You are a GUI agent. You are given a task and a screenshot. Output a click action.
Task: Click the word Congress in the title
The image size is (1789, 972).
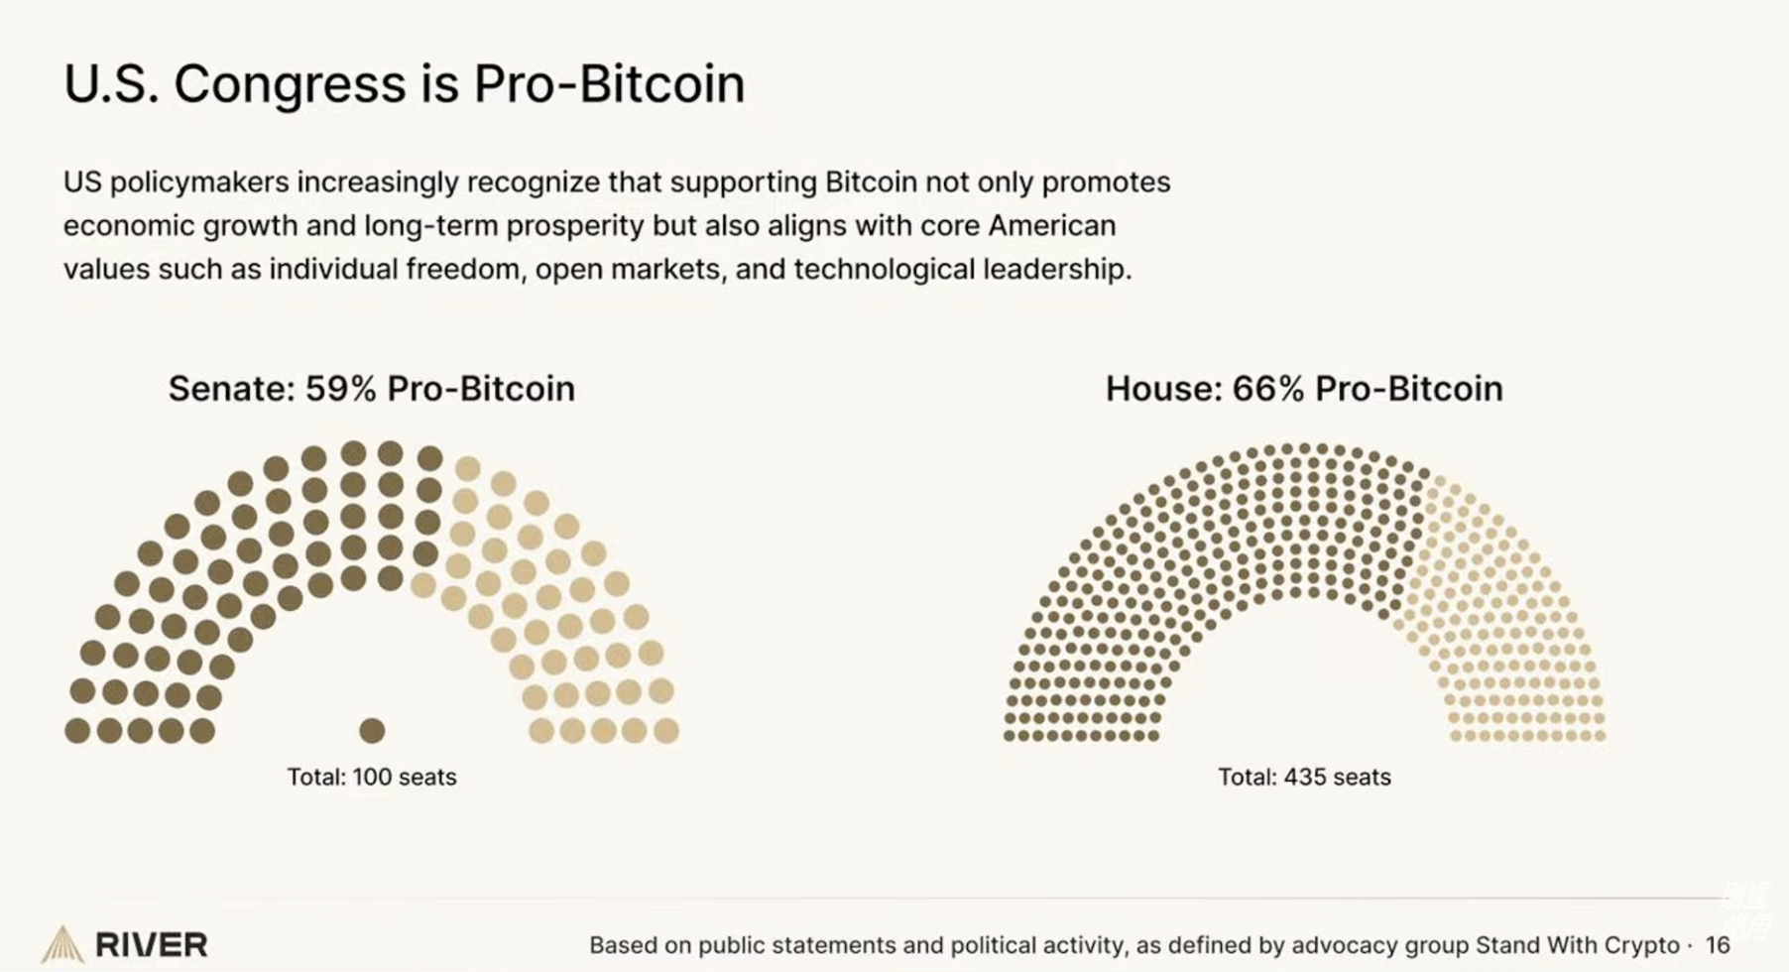coord(290,83)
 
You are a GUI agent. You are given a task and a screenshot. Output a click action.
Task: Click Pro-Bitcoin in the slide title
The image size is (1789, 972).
coord(609,83)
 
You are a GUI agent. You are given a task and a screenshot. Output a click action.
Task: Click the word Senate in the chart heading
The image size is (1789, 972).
coord(231,388)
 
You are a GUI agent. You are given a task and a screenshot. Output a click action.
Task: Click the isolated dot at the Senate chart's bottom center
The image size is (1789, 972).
coord(372,731)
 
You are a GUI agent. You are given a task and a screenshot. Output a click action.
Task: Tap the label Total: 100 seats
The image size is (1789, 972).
coord(372,777)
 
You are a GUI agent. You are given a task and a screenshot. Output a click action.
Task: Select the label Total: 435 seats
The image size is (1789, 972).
coord(1304,777)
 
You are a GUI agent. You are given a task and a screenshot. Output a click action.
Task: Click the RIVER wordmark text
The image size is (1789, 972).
coord(152,945)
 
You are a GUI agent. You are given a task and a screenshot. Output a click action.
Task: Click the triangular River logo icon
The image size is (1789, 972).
coord(61,944)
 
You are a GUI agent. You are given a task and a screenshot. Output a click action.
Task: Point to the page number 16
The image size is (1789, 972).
coord(1718,945)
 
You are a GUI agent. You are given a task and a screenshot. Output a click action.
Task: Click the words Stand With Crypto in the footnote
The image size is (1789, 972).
coord(1577,945)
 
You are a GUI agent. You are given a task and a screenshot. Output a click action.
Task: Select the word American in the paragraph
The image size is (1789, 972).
coord(1051,226)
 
